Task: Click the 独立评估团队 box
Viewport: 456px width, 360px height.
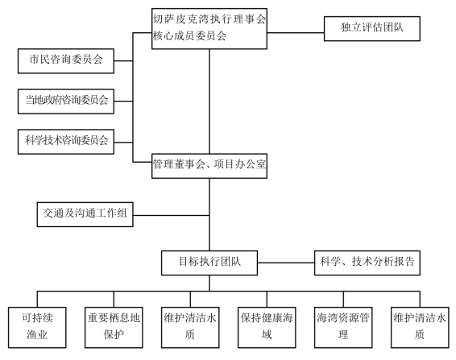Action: (x=372, y=28)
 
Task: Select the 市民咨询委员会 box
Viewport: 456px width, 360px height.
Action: (x=66, y=60)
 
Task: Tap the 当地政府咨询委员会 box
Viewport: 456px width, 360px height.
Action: (x=66, y=101)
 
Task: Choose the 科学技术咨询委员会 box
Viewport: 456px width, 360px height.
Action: (x=66, y=142)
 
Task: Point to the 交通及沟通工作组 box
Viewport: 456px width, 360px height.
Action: (x=85, y=214)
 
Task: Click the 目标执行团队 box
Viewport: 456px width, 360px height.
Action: (x=209, y=263)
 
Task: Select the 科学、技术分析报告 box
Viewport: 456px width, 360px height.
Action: (x=367, y=263)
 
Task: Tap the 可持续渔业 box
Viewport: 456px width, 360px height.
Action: (x=37, y=328)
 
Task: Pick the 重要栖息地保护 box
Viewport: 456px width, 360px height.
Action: (x=114, y=328)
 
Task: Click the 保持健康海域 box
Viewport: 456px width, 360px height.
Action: (x=267, y=328)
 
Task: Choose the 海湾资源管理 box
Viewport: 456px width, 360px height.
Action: (x=343, y=328)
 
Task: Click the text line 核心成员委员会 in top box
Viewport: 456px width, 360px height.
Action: (x=189, y=36)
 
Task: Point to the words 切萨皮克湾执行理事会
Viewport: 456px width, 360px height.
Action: (x=209, y=19)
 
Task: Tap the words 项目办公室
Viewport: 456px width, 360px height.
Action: (x=240, y=164)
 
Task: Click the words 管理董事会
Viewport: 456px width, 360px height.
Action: (x=179, y=164)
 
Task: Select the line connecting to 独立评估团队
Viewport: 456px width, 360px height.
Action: (x=296, y=32)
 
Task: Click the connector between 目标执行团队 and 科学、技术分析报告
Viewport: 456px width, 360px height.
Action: (x=286, y=263)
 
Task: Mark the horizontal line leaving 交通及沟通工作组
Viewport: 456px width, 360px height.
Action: (x=171, y=216)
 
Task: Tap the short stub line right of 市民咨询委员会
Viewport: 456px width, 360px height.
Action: (x=123, y=60)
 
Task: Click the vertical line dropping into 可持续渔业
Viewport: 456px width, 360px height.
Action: (x=37, y=299)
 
